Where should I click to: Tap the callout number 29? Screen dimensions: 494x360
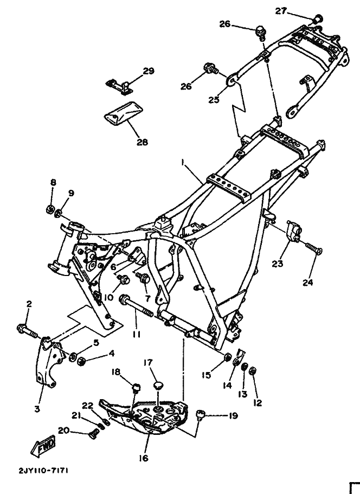149,70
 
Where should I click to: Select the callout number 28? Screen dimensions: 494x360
142,143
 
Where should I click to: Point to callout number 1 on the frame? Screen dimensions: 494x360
183,162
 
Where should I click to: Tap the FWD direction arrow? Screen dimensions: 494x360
43,445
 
